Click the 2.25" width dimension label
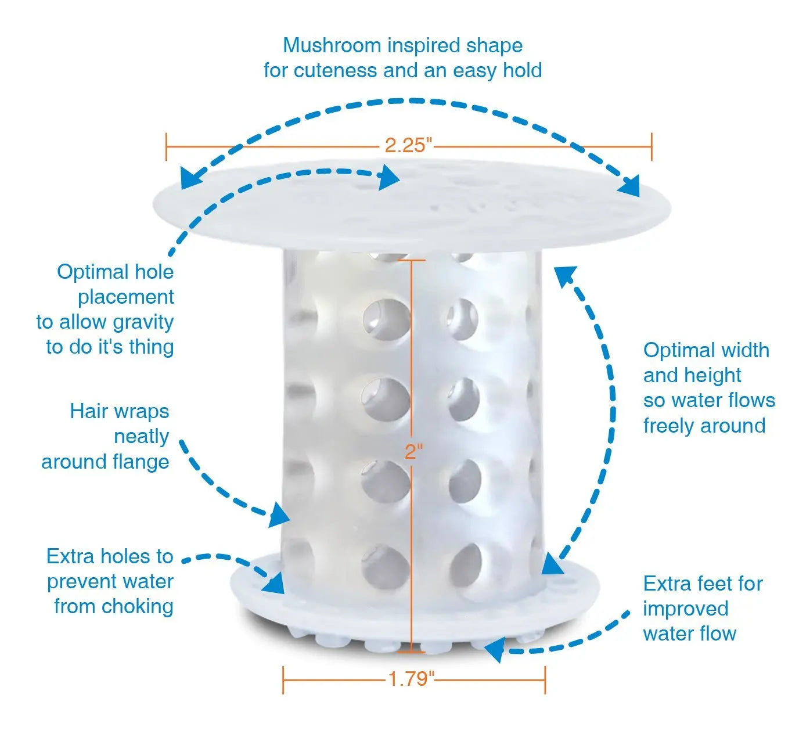point(408,145)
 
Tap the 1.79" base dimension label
point(411,679)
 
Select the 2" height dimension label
point(413,451)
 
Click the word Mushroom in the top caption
point(332,45)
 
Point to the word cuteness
point(337,70)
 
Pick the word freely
point(669,426)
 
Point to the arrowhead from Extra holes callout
point(274,584)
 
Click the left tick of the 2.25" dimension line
point(166,147)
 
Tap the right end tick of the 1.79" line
point(545,680)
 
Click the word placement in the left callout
point(126,297)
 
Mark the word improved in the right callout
point(686,609)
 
